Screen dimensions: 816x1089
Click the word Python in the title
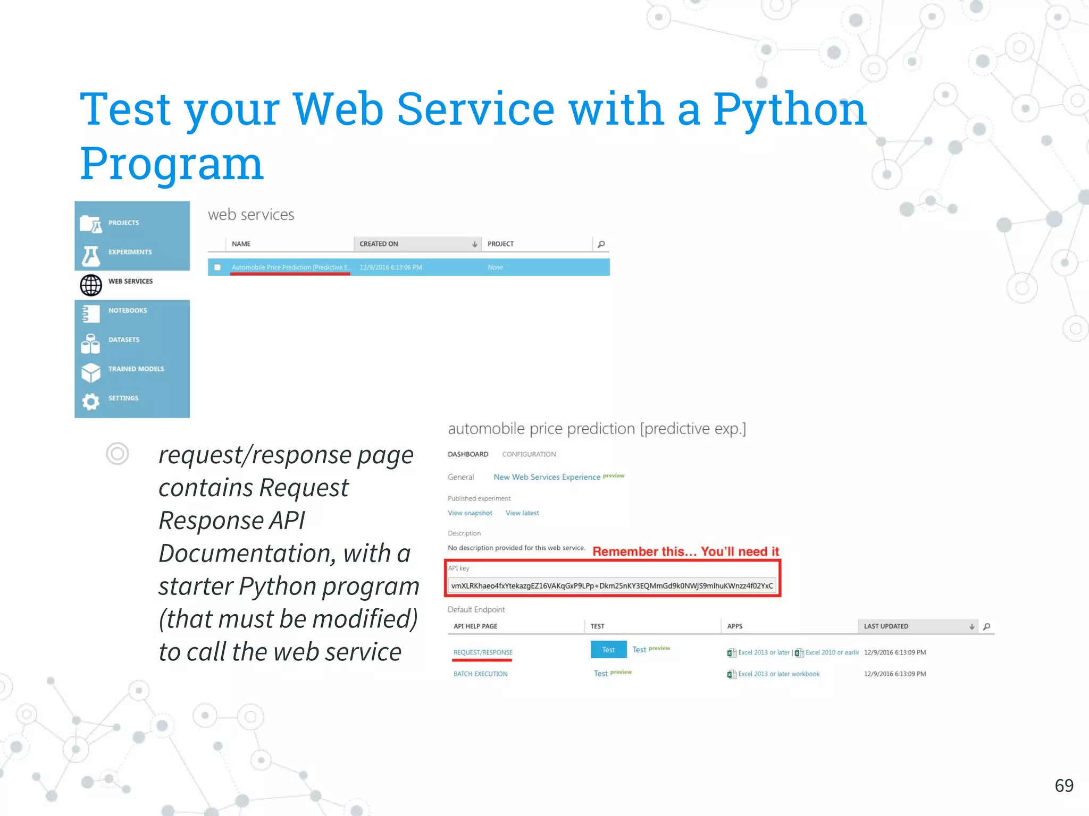789,110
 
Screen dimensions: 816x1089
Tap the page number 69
1063,785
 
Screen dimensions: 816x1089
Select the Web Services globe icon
91,285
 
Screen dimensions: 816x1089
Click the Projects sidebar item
123,223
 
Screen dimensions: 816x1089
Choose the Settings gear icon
91,401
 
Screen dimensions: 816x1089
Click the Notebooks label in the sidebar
128,310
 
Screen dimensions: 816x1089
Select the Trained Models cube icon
91,372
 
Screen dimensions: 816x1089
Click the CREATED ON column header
379,244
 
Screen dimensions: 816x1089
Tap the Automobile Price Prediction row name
290,267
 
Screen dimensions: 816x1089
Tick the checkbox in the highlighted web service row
217,267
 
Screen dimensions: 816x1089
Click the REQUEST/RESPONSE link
483,652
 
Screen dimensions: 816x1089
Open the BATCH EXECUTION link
480,674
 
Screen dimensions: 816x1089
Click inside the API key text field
611,585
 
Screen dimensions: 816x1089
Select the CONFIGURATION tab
529,454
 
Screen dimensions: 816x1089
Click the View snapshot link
470,513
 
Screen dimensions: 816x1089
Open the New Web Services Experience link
547,477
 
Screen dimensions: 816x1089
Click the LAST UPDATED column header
886,626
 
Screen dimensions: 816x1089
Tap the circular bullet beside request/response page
117,454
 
